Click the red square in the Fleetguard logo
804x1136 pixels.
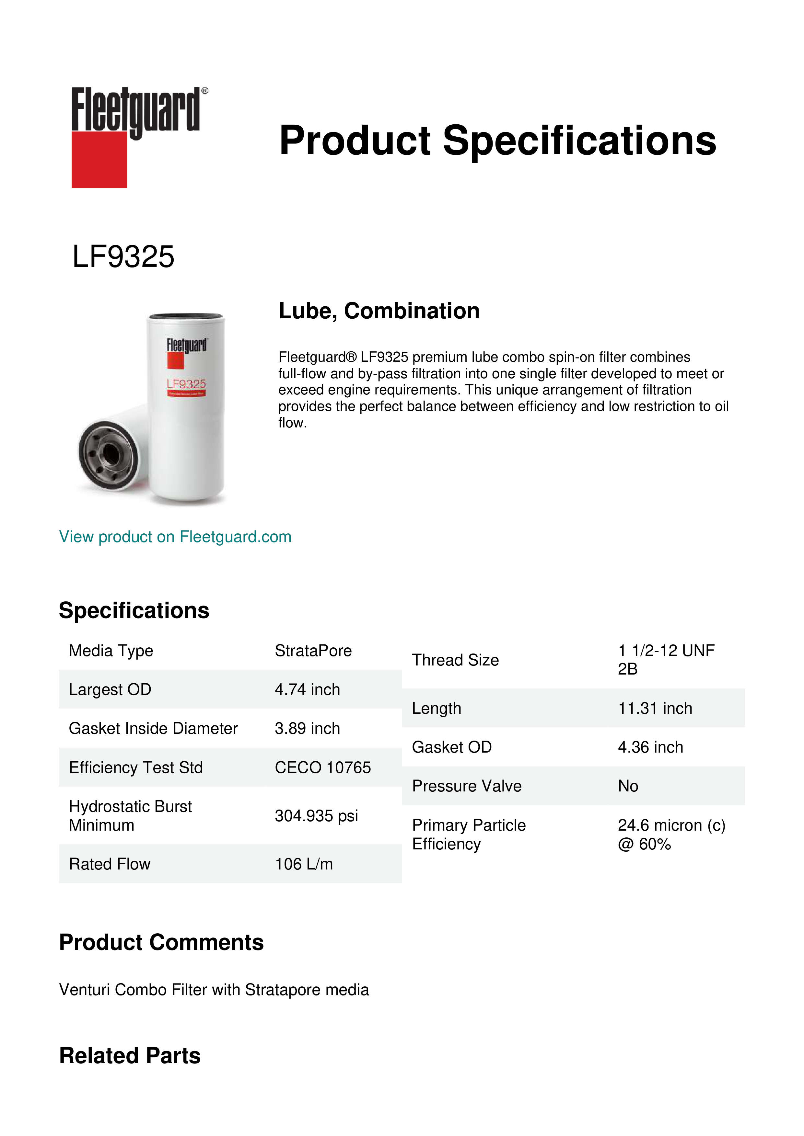(x=99, y=159)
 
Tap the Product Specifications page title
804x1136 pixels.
(x=497, y=141)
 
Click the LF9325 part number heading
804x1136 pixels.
(x=123, y=257)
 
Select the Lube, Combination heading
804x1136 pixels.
(x=379, y=311)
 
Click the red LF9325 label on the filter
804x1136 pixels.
(x=186, y=384)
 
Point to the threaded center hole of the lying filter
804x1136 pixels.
(x=109, y=452)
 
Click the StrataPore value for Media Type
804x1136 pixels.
(x=313, y=651)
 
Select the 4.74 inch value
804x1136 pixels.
(x=307, y=689)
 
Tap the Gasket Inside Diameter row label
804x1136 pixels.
(x=153, y=728)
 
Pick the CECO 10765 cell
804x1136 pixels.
(x=322, y=767)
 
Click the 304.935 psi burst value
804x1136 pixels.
(x=316, y=815)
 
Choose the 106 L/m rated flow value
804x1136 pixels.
(x=303, y=864)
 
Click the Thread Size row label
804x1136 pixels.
(x=455, y=660)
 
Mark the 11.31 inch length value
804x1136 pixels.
(x=655, y=708)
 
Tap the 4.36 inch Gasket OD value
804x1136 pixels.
(x=650, y=747)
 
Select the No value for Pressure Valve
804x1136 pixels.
(x=628, y=786)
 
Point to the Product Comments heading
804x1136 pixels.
(x=161, y=942)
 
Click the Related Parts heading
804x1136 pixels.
(x=130, y=1055)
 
